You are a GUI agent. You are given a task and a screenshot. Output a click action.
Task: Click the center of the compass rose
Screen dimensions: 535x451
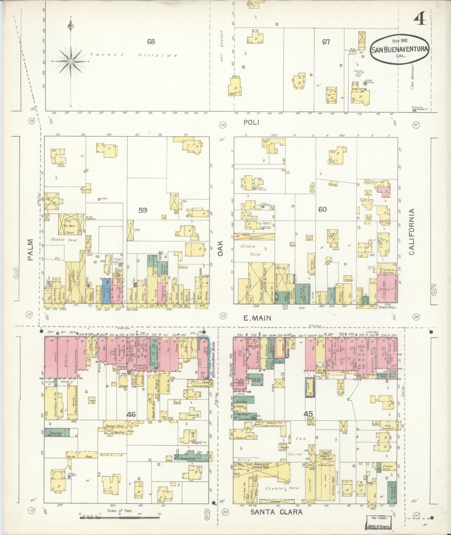click(71, 61)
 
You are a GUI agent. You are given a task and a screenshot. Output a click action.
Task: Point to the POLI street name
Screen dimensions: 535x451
click(252, 123)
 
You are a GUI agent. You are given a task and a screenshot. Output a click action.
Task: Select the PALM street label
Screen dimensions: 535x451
click(30, 250)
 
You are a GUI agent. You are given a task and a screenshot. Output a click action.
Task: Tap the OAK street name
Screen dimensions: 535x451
click(221, 248)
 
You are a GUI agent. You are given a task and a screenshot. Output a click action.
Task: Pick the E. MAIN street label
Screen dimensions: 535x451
click(257, 318)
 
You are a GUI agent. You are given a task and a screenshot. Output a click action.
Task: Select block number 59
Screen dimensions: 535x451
click(143, 210)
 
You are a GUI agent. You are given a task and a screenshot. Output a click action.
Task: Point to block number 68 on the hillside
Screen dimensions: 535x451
click(151, 42)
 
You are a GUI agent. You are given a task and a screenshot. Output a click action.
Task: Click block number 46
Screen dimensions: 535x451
click(131, 414)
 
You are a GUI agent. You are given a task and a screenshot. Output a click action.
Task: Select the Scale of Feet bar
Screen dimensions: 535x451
click(120, 517)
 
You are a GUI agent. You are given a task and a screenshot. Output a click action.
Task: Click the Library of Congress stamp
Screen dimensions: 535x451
click(378, 522)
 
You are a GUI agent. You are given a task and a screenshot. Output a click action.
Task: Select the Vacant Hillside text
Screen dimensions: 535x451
click(134, 55)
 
